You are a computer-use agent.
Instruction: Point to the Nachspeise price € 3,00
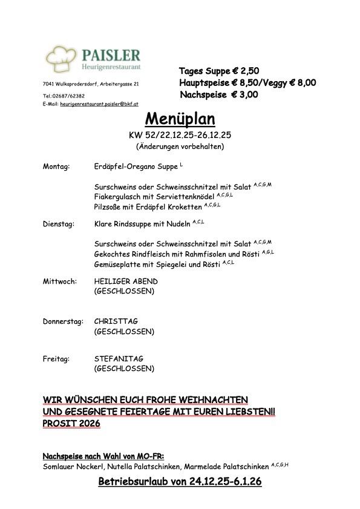tap(244, 94)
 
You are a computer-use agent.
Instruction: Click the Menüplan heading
tap(180, 118)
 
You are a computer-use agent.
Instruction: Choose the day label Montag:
tap(56, 165)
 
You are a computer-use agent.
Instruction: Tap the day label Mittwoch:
tap(59, 281)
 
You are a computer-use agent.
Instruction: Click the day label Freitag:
tap(56, 358)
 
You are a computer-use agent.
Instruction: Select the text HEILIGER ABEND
tap(126, 281)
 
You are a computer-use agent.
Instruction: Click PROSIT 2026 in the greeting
tap(71, 424)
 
